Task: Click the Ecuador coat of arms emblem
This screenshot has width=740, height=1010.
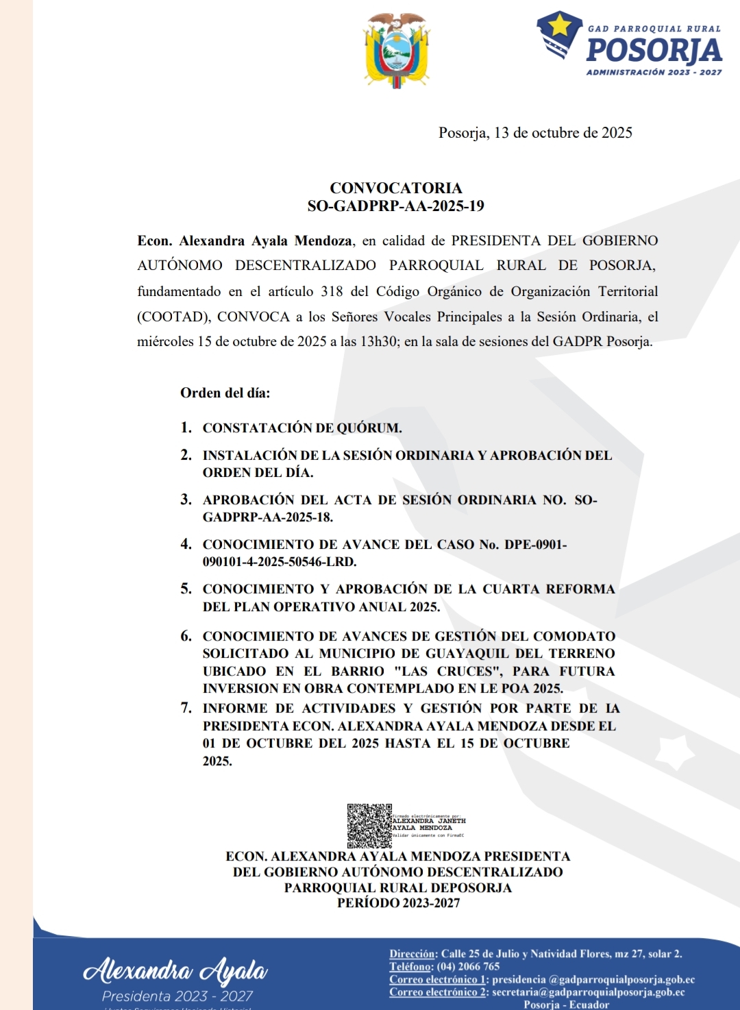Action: tap(397, 50)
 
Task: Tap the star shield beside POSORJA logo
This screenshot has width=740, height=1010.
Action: tap(558, 34)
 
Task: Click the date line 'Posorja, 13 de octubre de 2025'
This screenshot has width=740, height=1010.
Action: tap(535, 133)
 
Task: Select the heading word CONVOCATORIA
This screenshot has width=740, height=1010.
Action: tap(396, 188)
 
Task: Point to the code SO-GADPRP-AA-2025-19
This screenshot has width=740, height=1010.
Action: tap(396, 206)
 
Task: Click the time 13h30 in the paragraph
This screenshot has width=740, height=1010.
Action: tap(378, 341)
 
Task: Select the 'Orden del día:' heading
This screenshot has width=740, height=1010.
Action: tap(225, 393)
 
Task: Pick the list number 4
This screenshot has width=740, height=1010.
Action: tap(186, 544)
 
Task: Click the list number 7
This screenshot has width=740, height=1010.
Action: tap(186, 708)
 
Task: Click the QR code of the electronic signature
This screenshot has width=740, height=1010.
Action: tap(369, 826)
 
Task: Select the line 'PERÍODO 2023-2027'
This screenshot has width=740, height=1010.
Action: tap(398, 903)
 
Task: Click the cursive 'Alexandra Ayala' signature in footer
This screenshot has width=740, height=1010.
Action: tap(175, 970)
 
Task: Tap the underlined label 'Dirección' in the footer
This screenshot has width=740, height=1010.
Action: tap(412, 954)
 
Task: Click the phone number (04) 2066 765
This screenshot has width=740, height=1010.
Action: tap(468, 967)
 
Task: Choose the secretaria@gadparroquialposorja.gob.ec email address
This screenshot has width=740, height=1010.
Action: tap(588, 992)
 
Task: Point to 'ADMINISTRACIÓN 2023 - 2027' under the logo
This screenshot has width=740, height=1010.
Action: tap(654, 72)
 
